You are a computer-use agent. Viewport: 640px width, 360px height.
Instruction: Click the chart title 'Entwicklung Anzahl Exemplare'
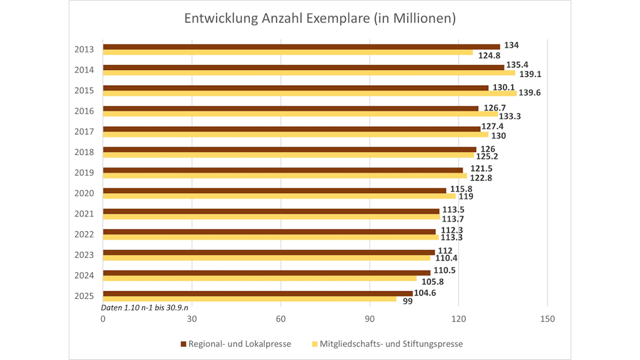(319, 19)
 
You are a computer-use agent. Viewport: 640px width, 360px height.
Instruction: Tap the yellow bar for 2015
(309, 93)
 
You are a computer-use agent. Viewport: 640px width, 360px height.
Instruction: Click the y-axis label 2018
(84, 152)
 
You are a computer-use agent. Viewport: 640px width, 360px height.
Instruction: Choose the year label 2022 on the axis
(84, 234)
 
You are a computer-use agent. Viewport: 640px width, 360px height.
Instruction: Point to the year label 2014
(84, 69)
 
